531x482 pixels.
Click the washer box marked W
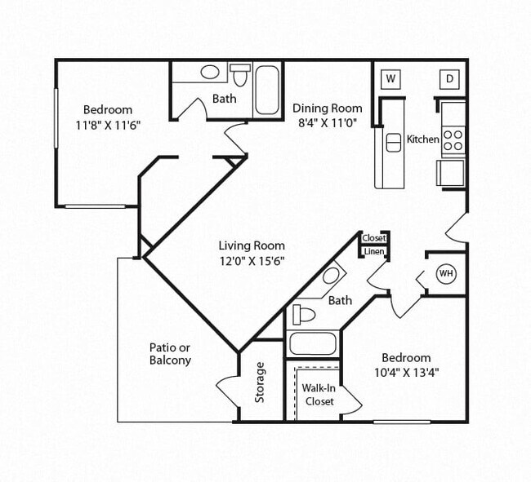point(390,78)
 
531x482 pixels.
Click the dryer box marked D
point(448,78)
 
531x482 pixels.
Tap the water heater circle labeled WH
point(446,274)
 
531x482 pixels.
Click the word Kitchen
point(423,139)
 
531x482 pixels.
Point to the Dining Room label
point(328,108)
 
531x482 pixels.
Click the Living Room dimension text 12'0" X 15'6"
point(252,261)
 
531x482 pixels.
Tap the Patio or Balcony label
point(170,353)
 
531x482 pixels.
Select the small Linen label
point(374,251)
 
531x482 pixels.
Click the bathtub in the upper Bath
point(268,89)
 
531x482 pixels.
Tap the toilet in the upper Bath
point(240,76)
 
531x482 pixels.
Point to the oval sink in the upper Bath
point(210,72)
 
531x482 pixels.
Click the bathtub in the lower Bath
point(312,343)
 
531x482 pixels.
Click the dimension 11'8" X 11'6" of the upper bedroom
point(108,126)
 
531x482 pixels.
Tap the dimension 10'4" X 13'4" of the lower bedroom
point(406,373)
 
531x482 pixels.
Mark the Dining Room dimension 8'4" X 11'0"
point(328,123)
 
